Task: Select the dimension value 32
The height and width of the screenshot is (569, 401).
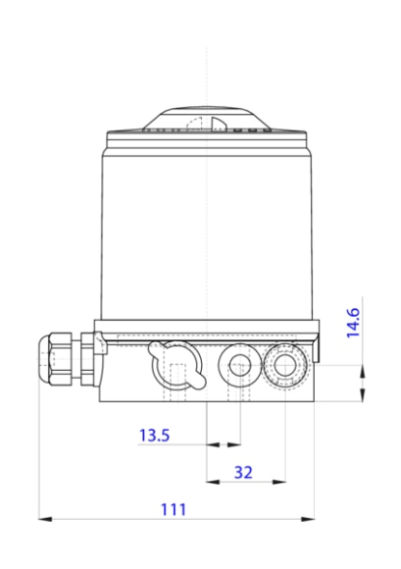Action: (x=243, y=471)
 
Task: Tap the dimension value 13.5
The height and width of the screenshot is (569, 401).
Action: (x=154, y=436)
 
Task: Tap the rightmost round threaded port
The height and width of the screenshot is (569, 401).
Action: (x=287, y=364)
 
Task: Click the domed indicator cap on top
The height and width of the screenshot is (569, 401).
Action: (x=208, y=117)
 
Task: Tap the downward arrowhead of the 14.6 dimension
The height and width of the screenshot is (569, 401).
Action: (x=361, y=359)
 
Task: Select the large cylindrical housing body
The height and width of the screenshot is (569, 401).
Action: (x=208, y=232)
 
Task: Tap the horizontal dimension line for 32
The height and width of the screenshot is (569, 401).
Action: (x=247, y=480)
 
